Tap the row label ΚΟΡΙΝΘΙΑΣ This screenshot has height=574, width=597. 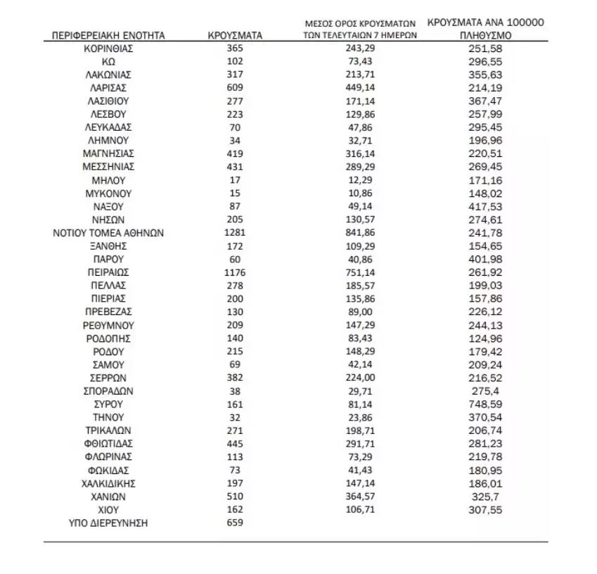[x=108, y=48]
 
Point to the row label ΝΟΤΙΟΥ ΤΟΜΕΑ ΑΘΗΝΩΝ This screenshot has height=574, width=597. [x=108, y=233]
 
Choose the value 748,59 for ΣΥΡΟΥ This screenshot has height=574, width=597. [x=487, y=404]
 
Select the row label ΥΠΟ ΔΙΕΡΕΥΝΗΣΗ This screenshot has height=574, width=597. [x=108, y=523]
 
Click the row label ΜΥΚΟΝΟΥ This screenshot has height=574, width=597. [x=108, y=193]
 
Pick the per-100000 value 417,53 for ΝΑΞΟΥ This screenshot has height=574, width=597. [x=487, y=207]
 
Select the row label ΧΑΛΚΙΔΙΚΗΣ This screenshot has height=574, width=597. [x=108, y=483]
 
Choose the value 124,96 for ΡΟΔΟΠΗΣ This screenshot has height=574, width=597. [x=487, y=338]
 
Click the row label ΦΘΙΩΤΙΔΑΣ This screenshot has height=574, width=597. [x=108, y=444]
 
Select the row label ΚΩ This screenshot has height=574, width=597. [x=108, y=61]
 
